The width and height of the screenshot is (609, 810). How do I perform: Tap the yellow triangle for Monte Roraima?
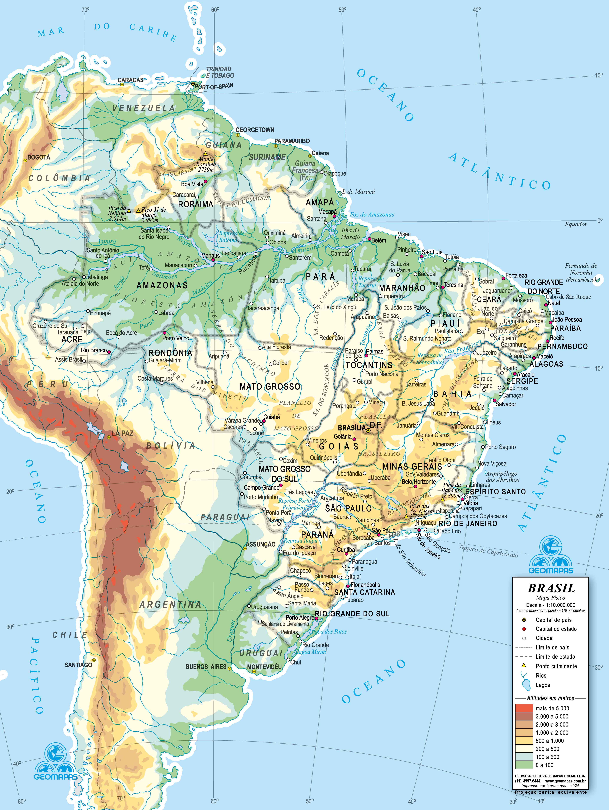click(x=206, y=154)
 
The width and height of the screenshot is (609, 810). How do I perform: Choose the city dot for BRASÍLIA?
click(x=368, y=430)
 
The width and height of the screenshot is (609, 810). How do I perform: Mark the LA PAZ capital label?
click(x=122, y=433)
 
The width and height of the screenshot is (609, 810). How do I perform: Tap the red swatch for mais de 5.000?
click(x=524, y=708)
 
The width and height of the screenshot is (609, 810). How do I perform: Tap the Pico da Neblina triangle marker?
click(x=129, y=211)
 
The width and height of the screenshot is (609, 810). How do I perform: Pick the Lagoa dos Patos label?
click(x=327, y=631)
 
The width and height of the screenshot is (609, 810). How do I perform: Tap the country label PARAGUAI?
click(x=225, y=517)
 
